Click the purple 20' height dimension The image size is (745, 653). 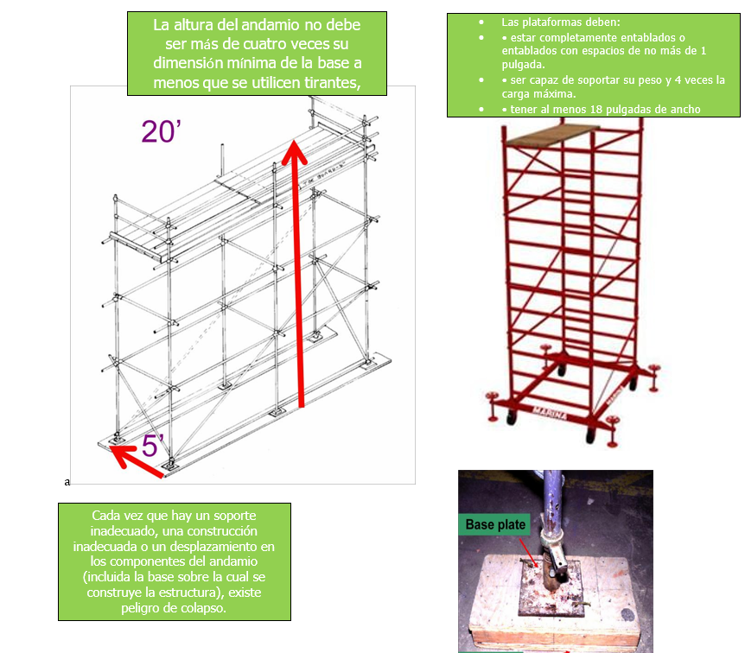[x=161, y=131]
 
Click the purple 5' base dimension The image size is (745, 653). [x=152, y=445]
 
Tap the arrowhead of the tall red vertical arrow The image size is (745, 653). [x=295, y=152]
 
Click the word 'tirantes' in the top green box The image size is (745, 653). [x=333, y=83]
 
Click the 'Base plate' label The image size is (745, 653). [x=495, y=524]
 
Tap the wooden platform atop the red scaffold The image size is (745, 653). [x=552, y=135]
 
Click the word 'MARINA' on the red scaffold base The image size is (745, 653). [x=549, y=413]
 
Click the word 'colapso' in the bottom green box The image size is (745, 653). [x=208, y=608]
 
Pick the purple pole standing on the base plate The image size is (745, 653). [x=551, y=498]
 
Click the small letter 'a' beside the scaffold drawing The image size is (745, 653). [x=67, y=482]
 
